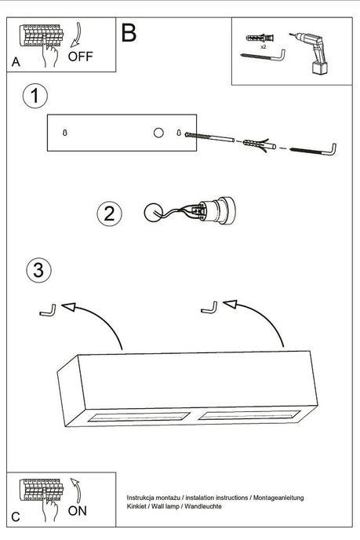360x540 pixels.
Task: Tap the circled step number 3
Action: pyautogui.click(x=38, y=270)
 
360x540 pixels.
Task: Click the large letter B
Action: pyautogui.click(x=129, y=33)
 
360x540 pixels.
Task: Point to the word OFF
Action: pyautogui.click(x=81, y=56)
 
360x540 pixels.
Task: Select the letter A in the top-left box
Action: pyautogui.click(x=16, y=63)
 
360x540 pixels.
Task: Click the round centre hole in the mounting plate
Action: pyautogui.click(x=158, y=133)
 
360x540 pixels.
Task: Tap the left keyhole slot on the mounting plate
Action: pyautogui.click(x=64, y=133)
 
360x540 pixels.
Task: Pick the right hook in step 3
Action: pyautogui.click(x=210, y=307)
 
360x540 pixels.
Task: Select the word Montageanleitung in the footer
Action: pyautogui.click(x=278, y=498)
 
